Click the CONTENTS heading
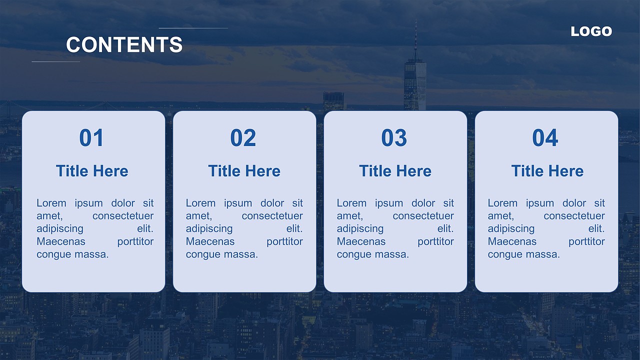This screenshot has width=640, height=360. point(124,44)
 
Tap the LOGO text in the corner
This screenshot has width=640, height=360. point(591,31)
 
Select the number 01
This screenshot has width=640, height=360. point(91,137)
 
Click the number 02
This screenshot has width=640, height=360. point(243,137)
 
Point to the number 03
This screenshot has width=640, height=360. point(394,137)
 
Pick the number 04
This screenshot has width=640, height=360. point(545,137)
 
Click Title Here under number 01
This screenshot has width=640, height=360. point(92,171)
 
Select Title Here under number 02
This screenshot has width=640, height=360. point(244,171)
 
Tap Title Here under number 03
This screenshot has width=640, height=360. point(395,171)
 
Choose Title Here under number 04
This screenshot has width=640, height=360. point(547,171)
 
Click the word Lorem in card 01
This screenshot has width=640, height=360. point(51,203)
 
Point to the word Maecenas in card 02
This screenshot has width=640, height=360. point(210,241)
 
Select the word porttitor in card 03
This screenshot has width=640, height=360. point(435,242)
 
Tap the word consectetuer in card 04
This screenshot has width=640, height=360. point(574,216)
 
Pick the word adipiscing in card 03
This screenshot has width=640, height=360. point(360,229)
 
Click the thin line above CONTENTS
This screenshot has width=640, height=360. point(193,28)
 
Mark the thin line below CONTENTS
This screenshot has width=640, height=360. point(55,61)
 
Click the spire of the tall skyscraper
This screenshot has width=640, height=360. point(415,40)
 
